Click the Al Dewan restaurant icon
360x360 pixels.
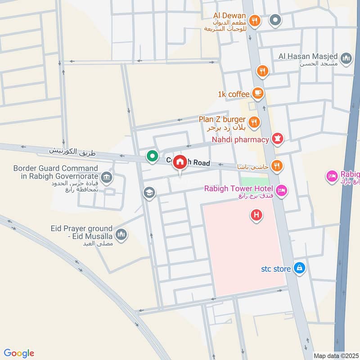[x=255, y=20]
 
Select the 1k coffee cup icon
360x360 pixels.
[x=258, y=93]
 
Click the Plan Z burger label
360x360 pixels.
[x=222, y=120]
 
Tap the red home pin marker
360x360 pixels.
[x=180, y=162]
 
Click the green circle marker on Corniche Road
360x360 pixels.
[x=153, y=156]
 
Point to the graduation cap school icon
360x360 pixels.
[x=149, y=193]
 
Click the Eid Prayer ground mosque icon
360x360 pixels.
[x=121, y=234]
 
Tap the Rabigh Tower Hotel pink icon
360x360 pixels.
[x=282, y=191]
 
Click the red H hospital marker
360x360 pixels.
[x=256, y=216]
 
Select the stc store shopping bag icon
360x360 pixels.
[x=299, y=268]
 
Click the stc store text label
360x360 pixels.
[x=276, y=269]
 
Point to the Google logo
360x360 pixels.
[x=19, y=353]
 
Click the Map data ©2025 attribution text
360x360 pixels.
[x=335, y=355]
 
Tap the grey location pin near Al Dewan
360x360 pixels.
[x=275, y=20]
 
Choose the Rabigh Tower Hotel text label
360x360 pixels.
[x=239, y=188]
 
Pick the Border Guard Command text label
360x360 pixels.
[x=55, y=172]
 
